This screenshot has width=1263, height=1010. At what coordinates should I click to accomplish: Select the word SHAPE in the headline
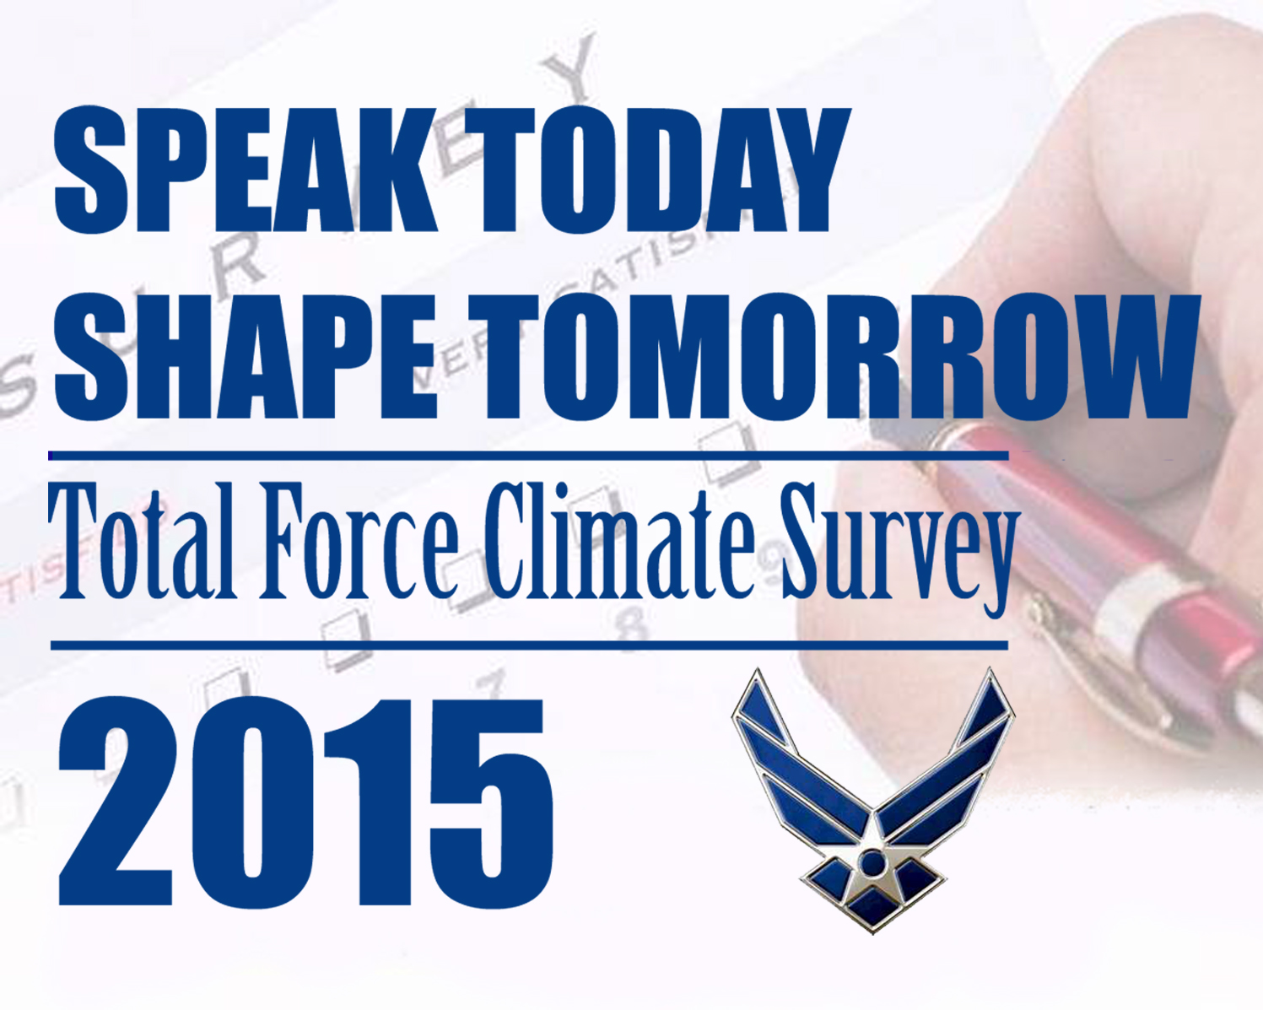pos(245,356)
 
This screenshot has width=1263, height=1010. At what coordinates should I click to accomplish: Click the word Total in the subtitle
pos(140,543)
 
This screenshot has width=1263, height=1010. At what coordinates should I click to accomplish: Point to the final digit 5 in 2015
pos(492,802)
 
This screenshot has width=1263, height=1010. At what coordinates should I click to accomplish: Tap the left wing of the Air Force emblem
pos(789,759)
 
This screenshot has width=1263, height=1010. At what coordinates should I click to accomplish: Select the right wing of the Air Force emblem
pos(958,759)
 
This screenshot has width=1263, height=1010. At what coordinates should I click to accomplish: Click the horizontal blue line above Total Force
pos(528,456)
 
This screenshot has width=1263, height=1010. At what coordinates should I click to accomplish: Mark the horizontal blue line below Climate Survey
pos(528,645)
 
